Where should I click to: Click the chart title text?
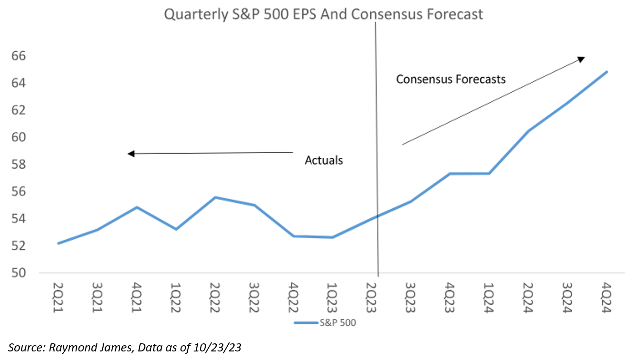[323, 14]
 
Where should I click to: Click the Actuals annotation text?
[324, 160]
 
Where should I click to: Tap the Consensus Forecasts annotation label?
[451, 79]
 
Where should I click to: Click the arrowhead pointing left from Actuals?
[131, 154]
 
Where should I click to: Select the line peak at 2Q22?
[216, 197]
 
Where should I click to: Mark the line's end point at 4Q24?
[607, 72]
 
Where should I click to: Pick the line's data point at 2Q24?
[528, 131]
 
